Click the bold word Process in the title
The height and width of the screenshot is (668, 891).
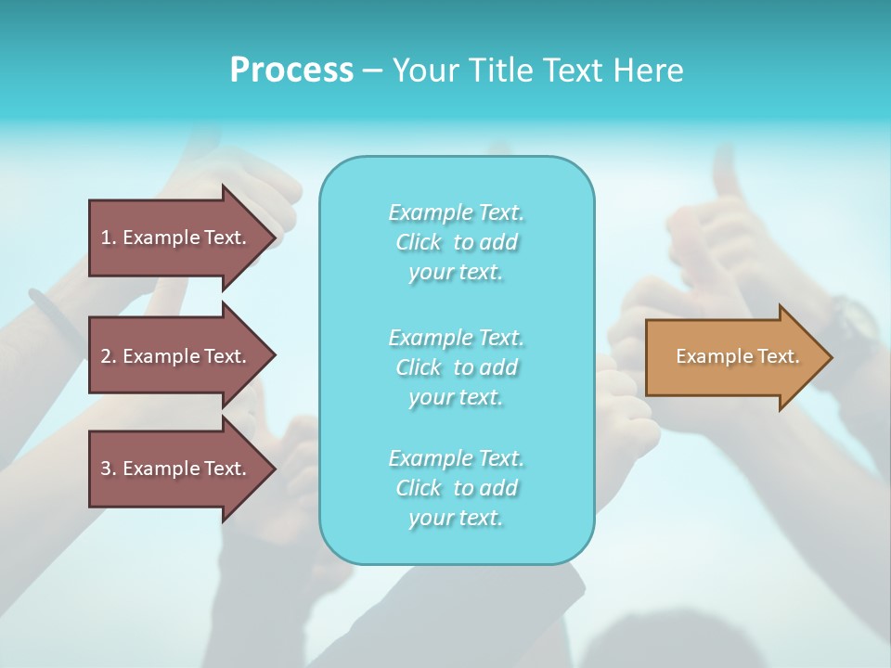tap(291, 71)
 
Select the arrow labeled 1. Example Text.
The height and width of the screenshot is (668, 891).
tap(176, 238)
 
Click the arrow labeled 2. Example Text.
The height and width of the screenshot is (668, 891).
tap(176, 356)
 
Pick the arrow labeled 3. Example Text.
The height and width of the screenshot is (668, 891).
tap(176, 469)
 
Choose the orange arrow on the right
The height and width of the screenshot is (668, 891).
tap(733, 357)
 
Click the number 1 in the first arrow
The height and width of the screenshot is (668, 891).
tap(106, 238)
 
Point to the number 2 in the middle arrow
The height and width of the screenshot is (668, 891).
tap(106, 356)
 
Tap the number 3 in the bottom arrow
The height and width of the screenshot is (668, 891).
tap(106, 469)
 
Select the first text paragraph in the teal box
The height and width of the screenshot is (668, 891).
tap(456, 242)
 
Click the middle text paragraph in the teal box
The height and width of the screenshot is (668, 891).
tap(456, 366)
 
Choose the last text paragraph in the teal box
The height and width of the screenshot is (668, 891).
tap(456, 488)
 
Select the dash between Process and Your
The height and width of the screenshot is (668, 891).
tap(372, 71)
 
